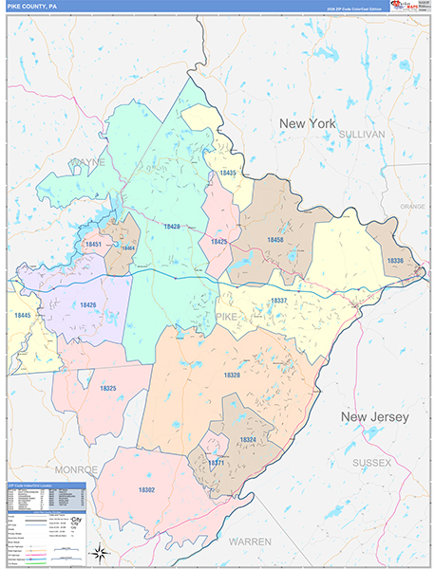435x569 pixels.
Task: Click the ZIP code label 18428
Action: tap(171, 227)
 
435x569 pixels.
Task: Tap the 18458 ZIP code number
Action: tap(274, 240)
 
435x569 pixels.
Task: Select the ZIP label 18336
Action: tap(395, 260)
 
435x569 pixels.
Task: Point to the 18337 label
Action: tap(278, 301)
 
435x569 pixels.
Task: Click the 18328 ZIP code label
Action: tap(233, 376)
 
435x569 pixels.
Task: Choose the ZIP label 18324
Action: tap(248, 441)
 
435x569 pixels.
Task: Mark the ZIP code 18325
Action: tap(108, 388)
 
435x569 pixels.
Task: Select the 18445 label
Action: tap(21, 315)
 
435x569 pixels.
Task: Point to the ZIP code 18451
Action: tap(93, 246)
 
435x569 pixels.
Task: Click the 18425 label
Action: tap(218, 242)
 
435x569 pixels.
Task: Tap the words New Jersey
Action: tap(374, 417)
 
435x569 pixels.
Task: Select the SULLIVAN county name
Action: tap(361, 136)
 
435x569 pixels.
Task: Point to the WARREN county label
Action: tap(250, 541)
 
